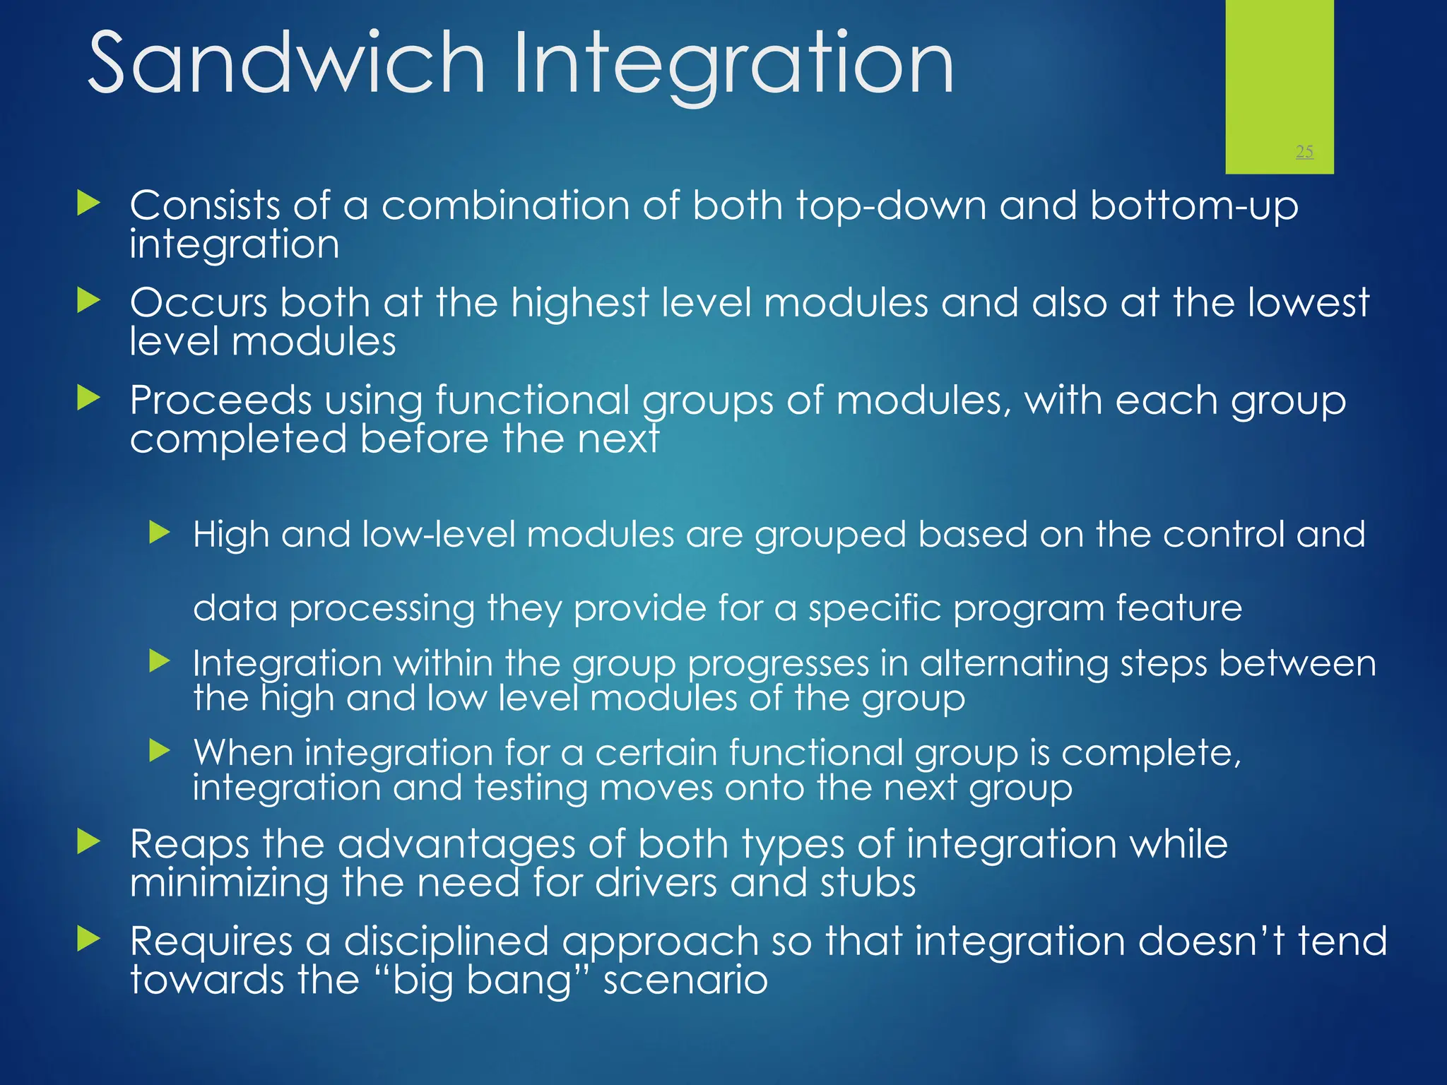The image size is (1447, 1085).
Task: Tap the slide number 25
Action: pyautogui.click(x=1304, y=151)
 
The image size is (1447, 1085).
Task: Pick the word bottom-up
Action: pyautogui.click(x=1193, y=206)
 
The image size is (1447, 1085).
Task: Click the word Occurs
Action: pyautogui.click(x=199, y=303)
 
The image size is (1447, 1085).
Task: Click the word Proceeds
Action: pyautogui.click(x=220, y=401)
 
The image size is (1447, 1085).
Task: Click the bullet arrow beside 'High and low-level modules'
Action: pyautogui.click(x=160, y=533)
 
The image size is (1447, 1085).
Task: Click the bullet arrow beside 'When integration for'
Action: pyautogui.click(x=160, y=750)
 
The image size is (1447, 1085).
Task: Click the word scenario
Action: pyautogui.click(x=685, y=980)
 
